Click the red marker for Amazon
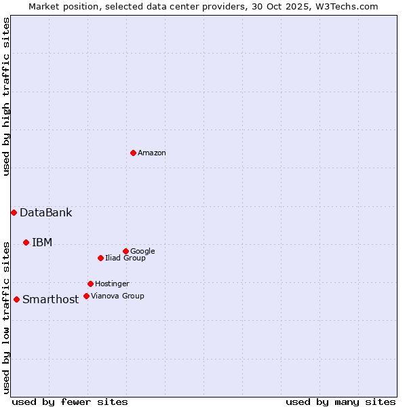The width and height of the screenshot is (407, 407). (133, 153)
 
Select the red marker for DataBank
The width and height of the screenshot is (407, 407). (14, 212)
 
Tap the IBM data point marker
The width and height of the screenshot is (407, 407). (26, 242)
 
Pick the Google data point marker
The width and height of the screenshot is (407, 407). (125, 251)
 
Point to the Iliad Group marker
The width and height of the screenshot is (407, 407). (100, 258)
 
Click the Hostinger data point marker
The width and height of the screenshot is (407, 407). (90, 284)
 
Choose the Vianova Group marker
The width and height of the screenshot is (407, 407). (86, 296)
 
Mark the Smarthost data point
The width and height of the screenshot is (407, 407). (16, 299)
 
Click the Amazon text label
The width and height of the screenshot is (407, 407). (152, 153)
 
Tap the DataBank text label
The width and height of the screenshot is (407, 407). (45, 213)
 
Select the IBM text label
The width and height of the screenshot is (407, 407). (42, 243)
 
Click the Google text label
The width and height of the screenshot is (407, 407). (142, 252)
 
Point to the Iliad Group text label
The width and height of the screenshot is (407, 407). (125, 258)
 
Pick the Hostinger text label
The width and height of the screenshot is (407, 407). (112, 284)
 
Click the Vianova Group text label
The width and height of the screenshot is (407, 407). (117, 296)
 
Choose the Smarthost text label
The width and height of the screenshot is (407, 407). (50, 300)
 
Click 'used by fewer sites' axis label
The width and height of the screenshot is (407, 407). (70, 402)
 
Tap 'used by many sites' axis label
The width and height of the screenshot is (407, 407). (341, 402)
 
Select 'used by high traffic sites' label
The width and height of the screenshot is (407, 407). (6, 96)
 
